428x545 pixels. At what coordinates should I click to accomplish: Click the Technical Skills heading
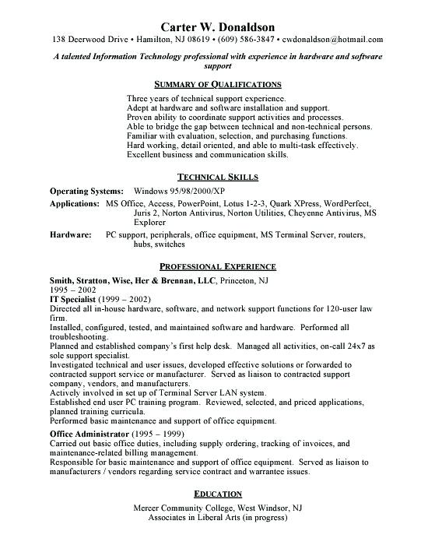pyautogui.click(x=217, y=177)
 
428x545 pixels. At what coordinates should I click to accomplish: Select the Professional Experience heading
pyautogui.click(x=217, y=266)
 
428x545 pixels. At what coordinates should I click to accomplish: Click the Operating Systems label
pyautogui.click(x=86, y=190)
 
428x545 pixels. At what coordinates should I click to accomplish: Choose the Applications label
pyautogui.click(x=75, y=202)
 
